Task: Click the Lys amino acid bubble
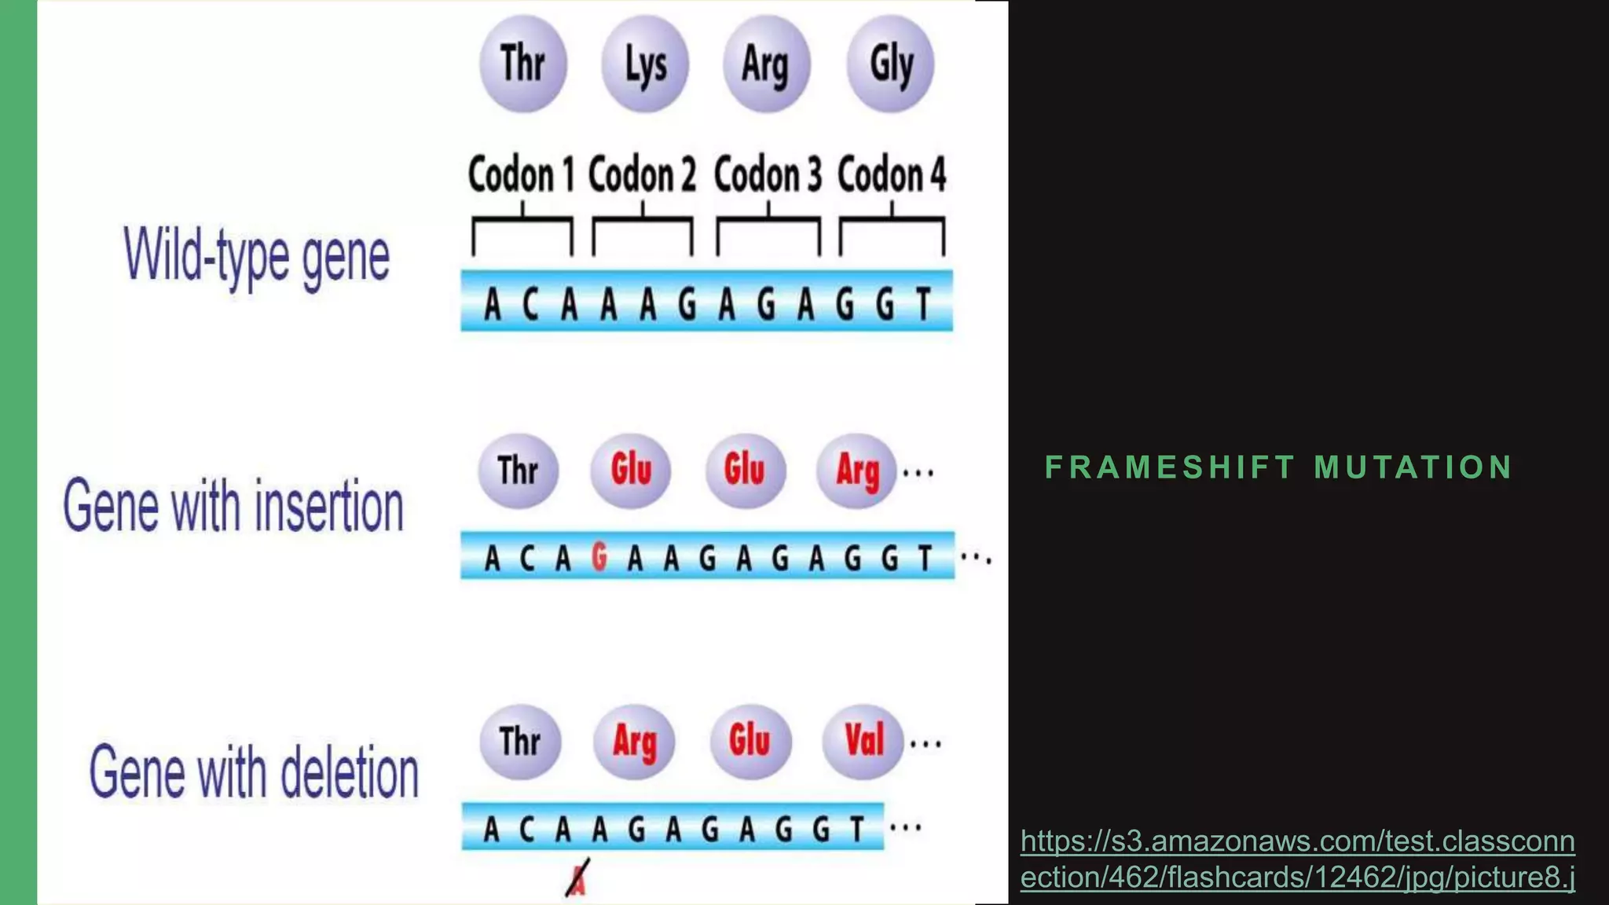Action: pos(645,64)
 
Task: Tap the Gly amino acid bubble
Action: pos(891,64)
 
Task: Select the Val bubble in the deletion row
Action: pos(863,741)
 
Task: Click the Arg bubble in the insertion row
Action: pos(857,471)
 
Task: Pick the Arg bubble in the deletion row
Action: pos(634,742)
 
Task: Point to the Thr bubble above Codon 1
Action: pos(522,64)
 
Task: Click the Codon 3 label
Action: pos(768,174)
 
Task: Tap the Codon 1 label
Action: pos(521,174)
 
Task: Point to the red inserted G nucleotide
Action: pos(599,557)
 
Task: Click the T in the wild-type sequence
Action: pos(924,304)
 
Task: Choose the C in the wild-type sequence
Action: pos(531,304)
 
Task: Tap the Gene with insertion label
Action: pos(233,507)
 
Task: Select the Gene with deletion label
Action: pos(254,773)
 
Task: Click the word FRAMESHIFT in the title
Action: pos(1169,467)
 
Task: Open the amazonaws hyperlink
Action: pos(1297,859)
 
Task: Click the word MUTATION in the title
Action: pos(1413,467)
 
